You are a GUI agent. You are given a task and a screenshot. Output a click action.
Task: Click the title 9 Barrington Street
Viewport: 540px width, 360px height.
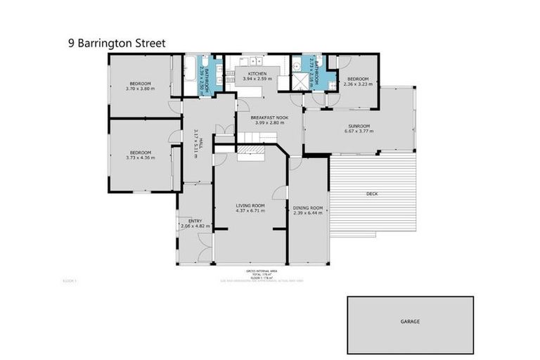click(117, 43)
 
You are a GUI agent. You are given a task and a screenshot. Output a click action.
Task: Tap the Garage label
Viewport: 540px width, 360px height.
click(410, 321)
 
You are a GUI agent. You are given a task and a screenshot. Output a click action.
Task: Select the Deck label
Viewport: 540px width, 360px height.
click(373, 193)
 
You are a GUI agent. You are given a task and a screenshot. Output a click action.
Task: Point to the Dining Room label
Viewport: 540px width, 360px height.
click(307, 207)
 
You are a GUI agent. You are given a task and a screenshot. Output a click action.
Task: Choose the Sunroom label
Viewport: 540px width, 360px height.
click(357, 126)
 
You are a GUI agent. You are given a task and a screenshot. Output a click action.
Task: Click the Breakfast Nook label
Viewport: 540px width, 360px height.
click(260, 117)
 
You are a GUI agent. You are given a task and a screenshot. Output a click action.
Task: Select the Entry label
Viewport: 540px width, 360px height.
click(195, 221)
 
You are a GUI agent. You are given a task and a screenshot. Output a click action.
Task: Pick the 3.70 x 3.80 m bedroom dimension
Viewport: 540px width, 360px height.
click(139, 89)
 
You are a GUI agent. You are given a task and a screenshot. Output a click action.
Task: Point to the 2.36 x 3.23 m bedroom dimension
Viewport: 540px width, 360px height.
click(357, 84)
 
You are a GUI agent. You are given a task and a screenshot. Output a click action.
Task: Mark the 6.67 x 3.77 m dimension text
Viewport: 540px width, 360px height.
click(357, 131)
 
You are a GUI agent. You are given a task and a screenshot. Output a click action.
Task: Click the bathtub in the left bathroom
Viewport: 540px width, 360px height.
click(191, 76)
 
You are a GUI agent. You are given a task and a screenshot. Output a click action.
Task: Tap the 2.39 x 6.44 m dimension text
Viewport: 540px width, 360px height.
click(307, 213)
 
